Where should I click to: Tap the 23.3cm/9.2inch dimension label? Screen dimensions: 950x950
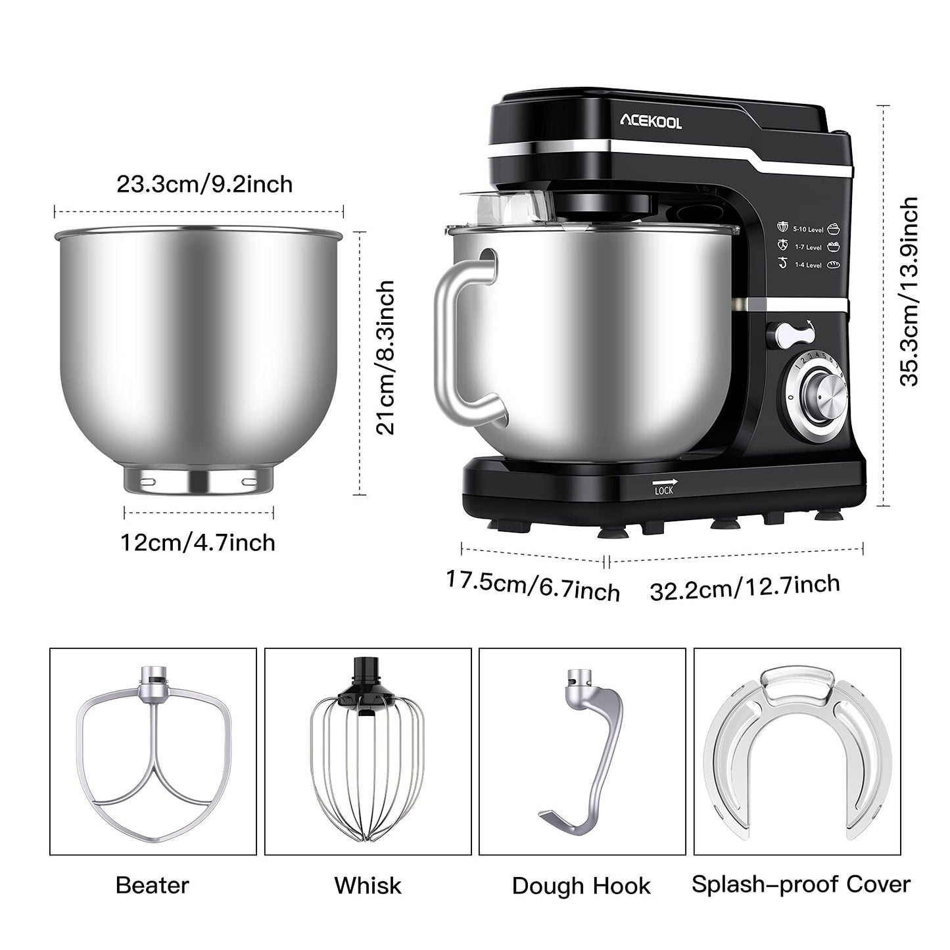pos(204,184)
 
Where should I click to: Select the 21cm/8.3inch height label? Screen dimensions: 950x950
pos(386,358)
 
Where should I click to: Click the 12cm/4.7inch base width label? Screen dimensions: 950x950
pos(198,542)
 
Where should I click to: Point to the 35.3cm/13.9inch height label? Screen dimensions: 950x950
pos(909,292)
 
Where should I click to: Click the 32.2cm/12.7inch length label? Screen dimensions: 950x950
pos(745,586)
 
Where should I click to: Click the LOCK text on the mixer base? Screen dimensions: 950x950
pos(664,490)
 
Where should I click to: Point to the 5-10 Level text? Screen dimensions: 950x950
pos(808,229)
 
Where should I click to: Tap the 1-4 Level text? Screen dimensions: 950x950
pos(808,265)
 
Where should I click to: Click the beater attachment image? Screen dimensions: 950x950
pos(153,753)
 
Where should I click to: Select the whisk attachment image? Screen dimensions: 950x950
pos(368,753)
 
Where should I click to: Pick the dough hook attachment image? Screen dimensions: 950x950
pos(582,753)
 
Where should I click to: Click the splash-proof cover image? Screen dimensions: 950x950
pos(797,753)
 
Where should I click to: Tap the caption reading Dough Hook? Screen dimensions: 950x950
pos(581,886)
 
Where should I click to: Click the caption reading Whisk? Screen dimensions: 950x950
pos(368,886)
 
